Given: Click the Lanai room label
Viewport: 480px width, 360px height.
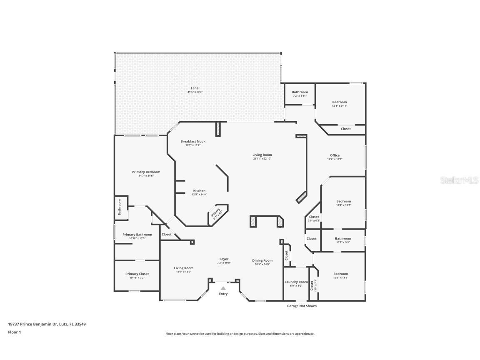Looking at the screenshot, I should (195, 88).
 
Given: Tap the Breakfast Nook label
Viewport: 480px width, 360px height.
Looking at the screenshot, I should (193, 141).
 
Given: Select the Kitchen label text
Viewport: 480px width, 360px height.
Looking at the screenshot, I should (199, 191).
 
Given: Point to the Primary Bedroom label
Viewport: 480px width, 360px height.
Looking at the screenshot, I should (146, 172).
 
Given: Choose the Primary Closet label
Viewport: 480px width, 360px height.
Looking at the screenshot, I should (137, 274).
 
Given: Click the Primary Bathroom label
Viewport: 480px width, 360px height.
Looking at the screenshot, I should (137, 235).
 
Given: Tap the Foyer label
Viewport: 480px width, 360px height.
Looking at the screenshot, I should (224, 259).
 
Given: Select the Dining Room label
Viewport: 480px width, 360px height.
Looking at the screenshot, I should (262, 260).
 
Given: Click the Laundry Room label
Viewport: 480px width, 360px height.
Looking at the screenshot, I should (296, 282).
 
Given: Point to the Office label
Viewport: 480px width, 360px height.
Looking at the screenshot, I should (335, 155).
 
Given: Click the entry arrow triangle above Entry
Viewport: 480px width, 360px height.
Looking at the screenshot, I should (223, 288).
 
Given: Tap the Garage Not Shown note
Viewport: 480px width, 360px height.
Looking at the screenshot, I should (302, 306).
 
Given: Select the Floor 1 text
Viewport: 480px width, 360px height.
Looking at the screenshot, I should (14, 332).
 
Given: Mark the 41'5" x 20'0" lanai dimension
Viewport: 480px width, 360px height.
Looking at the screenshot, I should (195, 92).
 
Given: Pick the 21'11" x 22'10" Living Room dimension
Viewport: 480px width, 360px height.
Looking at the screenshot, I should (262, 158).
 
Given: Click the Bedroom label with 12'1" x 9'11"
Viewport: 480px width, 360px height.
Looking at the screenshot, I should (339, 102).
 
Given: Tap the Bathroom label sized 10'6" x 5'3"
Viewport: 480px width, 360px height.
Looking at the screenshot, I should (343, 239).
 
